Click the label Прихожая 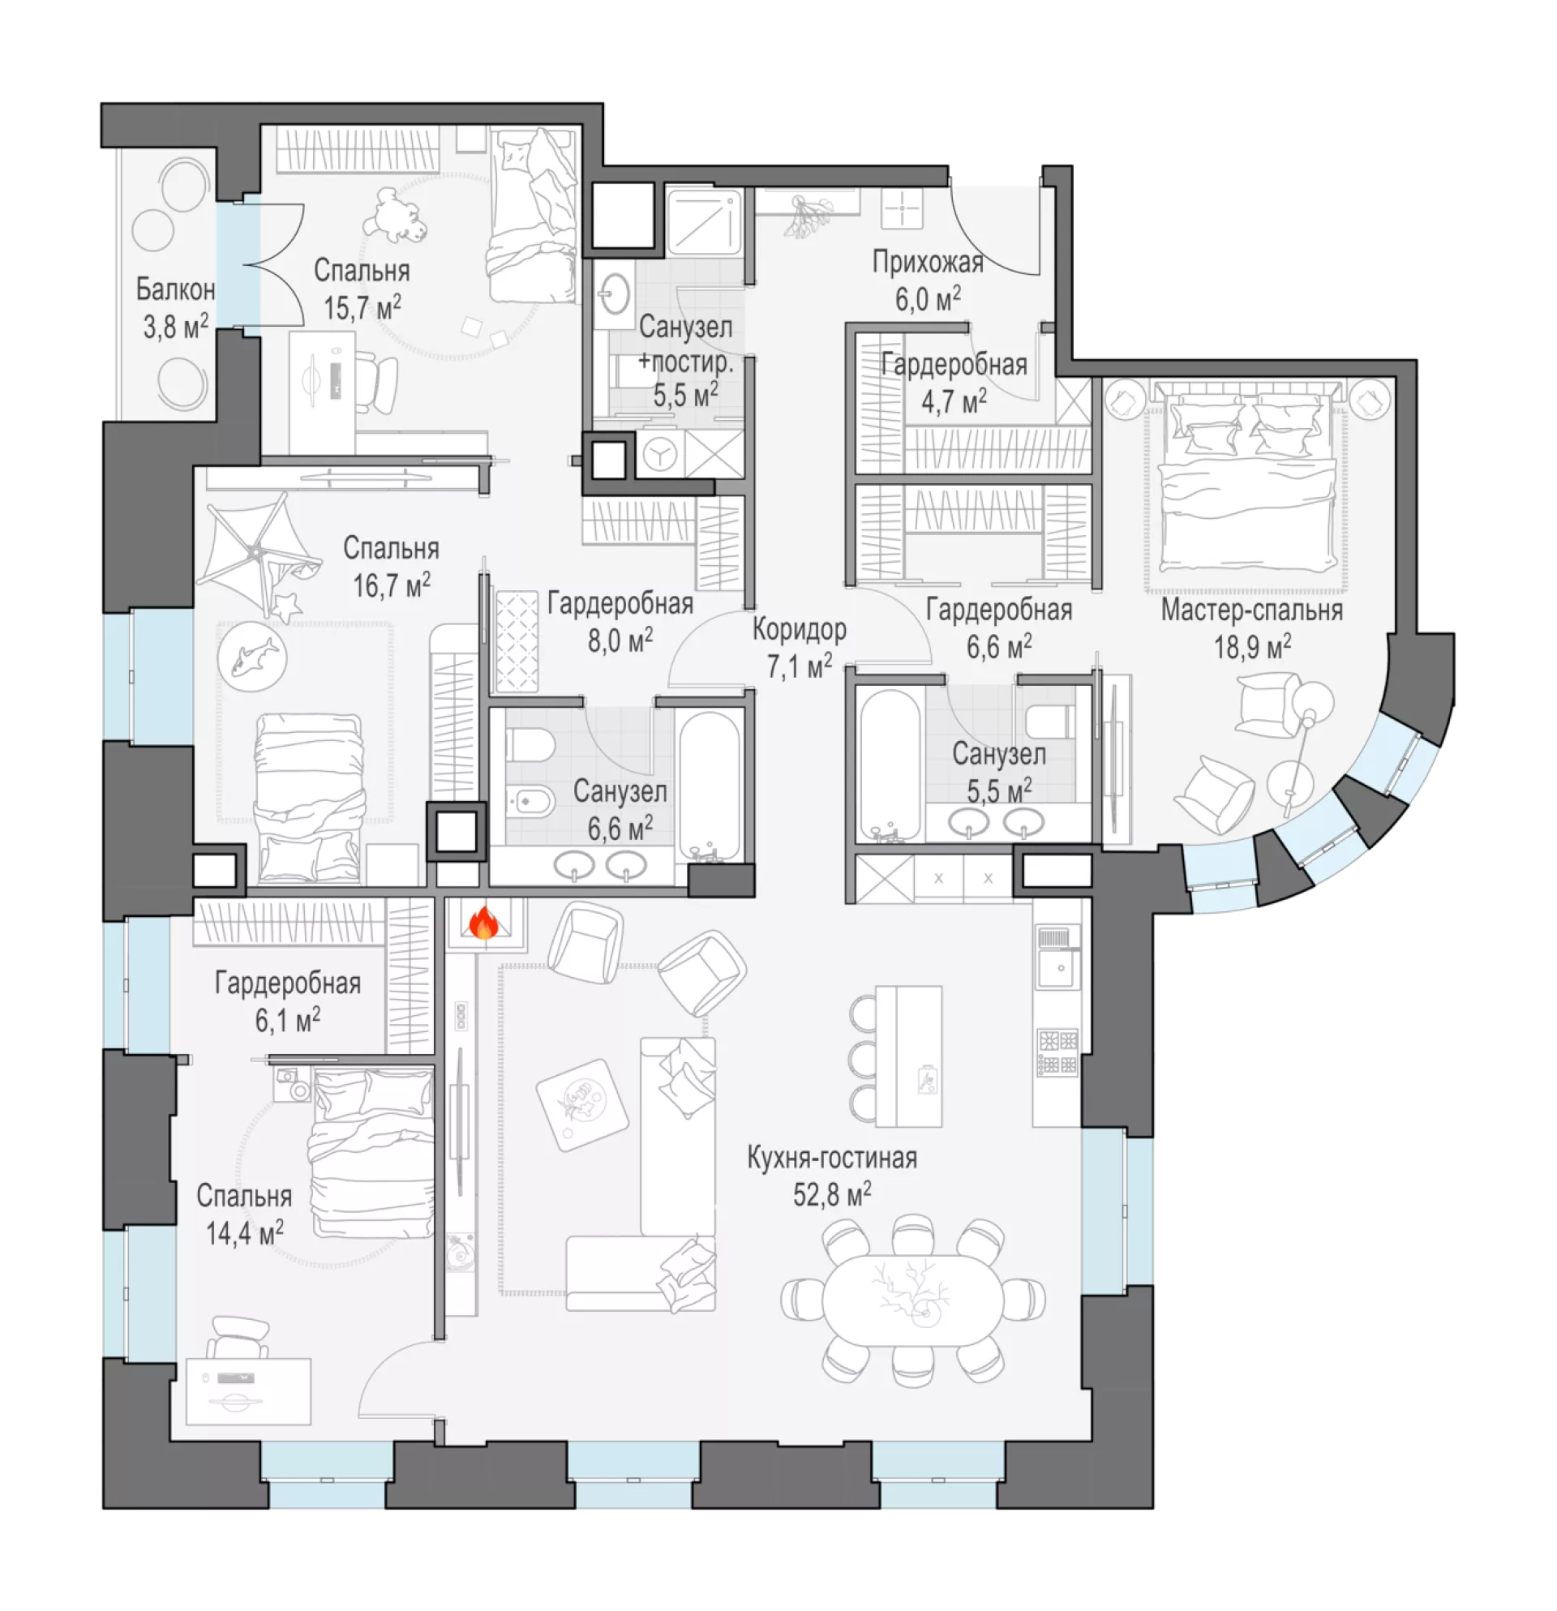tap(927, 263)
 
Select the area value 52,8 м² tap(832, 1194)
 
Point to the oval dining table tap(913, 1301)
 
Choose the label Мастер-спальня tap(1252, 611)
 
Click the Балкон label tap(176, 289)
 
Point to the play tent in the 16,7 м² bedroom tap(259, 552)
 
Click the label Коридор tap(799, 630)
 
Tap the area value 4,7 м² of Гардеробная tap(954, 402)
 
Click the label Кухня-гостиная tap(832, 1158)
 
